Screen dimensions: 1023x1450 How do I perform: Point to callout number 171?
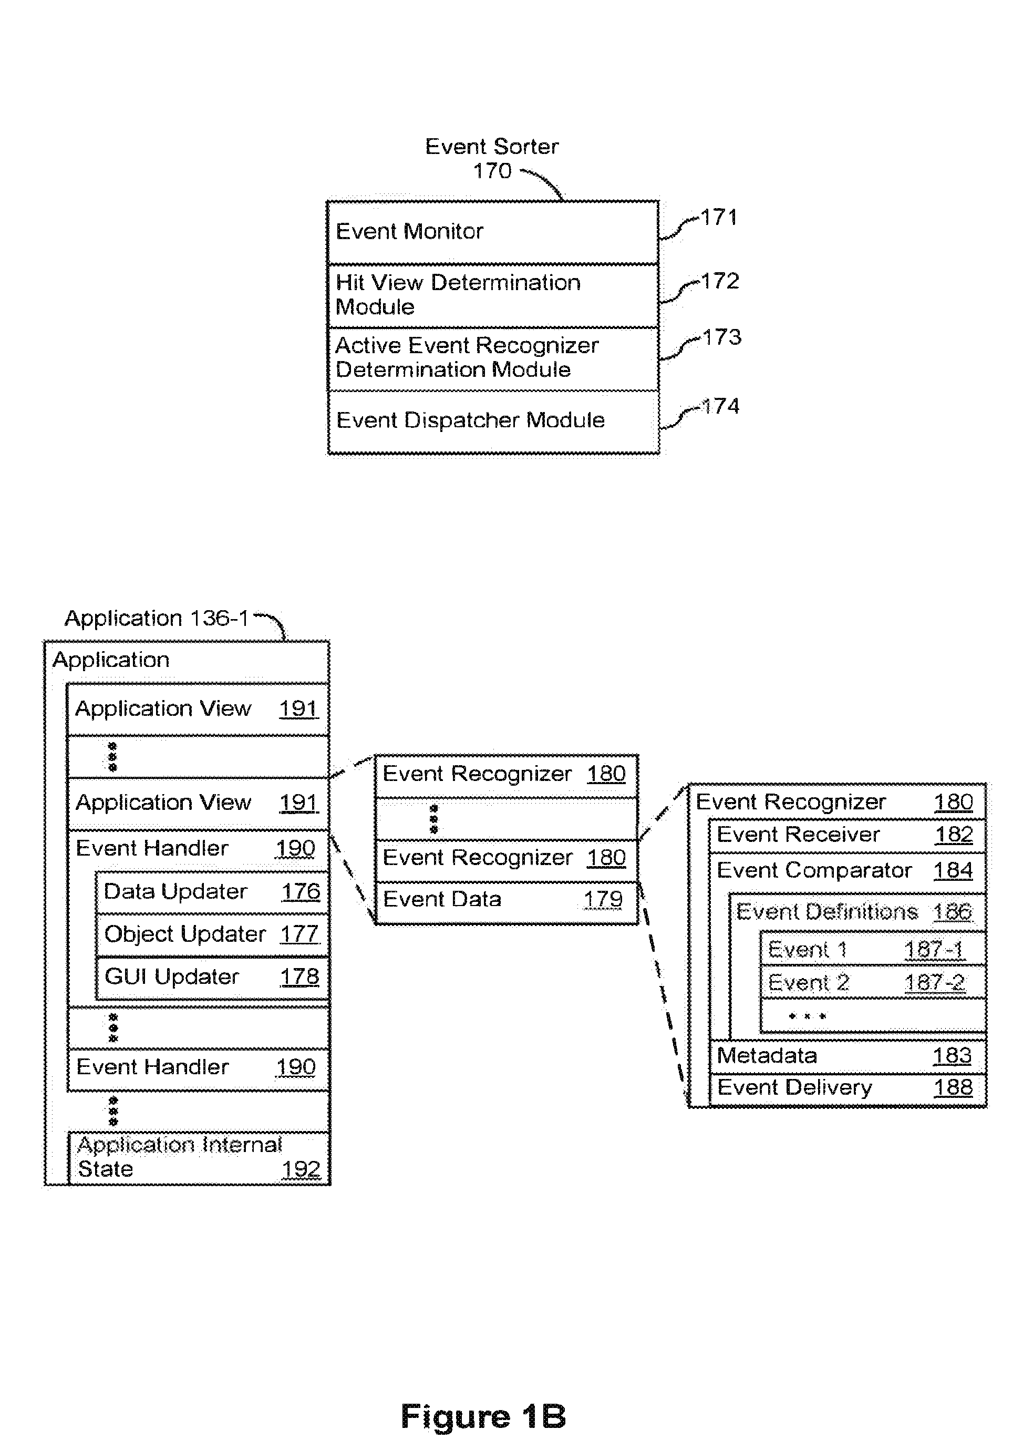[x=719, y=217]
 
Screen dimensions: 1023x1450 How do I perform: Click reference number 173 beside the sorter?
[x=722, y=337]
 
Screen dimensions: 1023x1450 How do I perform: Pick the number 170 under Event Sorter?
[x=492, y=170]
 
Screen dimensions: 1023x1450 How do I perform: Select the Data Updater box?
[x=212, y=892]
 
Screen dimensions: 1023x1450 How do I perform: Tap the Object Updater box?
[x=212, y=934]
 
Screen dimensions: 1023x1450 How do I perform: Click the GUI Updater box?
[x=212, y=978]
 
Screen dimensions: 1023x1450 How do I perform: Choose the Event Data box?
[x=507, y=902]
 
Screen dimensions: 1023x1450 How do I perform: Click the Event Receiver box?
[x=848, y=836]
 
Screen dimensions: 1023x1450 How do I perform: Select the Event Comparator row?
[x=848, y=872]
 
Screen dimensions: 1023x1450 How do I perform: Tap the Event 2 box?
[x=873, y=982]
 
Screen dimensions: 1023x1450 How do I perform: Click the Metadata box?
[x=848, y=1056]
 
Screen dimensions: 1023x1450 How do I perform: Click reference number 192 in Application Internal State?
[x=301, y=1169]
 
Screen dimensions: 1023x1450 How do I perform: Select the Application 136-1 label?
[x=157, y=618]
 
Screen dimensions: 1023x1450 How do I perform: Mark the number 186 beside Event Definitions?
[x=952, y=912]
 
